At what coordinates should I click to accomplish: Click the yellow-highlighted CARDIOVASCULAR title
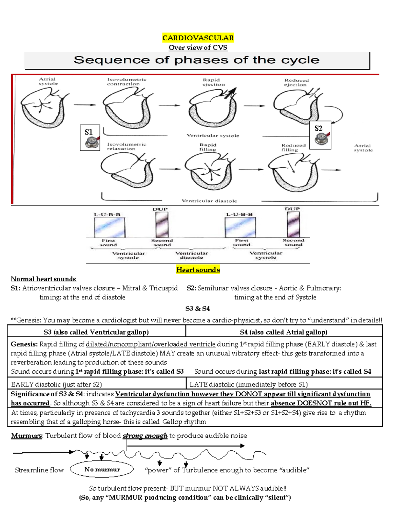point(198,38)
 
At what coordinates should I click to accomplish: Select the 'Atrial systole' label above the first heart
point(48,81)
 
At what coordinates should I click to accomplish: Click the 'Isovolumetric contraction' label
point(127,82)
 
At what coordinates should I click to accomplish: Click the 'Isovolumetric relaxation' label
point(127,146)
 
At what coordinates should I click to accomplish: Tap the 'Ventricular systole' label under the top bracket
point(213,135)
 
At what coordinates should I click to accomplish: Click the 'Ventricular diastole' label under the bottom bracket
point(209,201)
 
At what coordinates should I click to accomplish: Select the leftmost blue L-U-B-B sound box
point(110,227)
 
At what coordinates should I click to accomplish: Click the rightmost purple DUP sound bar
point(293,224)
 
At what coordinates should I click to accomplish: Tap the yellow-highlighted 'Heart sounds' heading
point(198,270)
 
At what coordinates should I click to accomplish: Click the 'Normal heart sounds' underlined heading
point(43,279)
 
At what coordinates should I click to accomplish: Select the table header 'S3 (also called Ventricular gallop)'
point(96,332)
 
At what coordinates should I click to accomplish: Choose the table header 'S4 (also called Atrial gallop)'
point(284,332)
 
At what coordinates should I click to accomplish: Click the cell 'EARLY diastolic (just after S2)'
point(56,384)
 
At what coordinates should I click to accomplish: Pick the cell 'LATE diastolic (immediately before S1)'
point(249,384)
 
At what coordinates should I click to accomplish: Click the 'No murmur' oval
point(102,469)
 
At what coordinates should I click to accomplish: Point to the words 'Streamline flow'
point(39,470)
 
